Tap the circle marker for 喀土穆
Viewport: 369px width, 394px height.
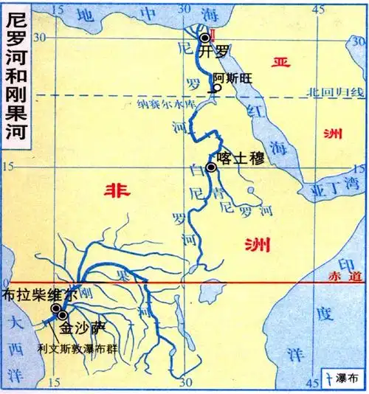211,167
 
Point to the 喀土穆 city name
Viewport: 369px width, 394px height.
236,157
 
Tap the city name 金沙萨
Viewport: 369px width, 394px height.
78,325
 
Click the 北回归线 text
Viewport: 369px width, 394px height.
337,91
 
